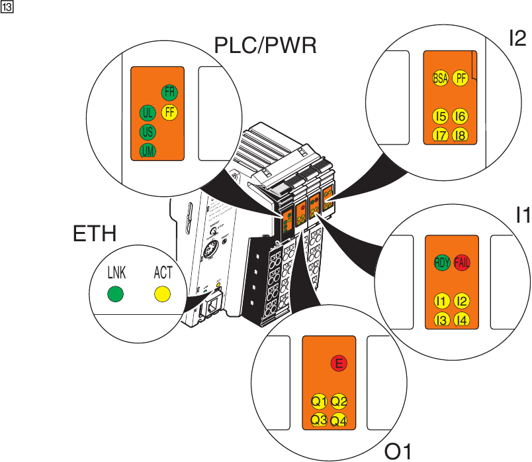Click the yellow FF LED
(x=169, y=112)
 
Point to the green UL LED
(x=148, y=112)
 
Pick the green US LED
(x=148, y=132)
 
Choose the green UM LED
(x=148, y=152)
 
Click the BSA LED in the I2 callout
(x=440, y=78)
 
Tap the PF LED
(x=461, y=78)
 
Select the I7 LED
(x=440, y=135)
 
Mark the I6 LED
(x=461, y=117)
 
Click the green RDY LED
(x=442, y=262)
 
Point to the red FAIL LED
(x=462, y=262)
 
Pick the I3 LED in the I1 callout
(x=442, y=320)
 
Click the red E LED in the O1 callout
(x=339, y=363)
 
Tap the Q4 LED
(x=339, y=420)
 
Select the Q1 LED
(x=320, y=401)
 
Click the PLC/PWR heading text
(x=266, y=46)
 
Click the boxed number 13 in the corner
(x=7, y=7)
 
